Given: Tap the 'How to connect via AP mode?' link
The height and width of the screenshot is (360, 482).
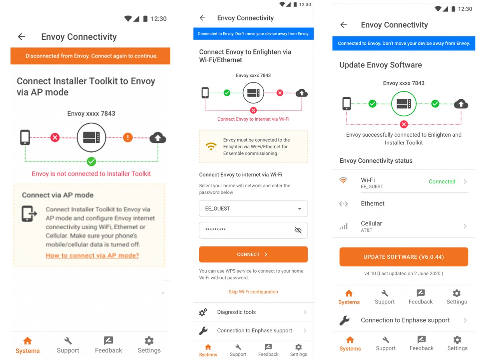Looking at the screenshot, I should point(92,256).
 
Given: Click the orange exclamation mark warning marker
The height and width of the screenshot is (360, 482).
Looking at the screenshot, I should point(128,137).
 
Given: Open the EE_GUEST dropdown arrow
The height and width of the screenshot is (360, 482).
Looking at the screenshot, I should point(300,209).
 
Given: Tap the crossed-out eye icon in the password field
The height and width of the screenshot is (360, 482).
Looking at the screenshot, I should point(298,230).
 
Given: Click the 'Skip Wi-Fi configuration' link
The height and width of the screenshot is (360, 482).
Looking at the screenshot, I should point(253,292).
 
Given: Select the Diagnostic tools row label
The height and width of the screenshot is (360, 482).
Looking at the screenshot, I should point(237,312).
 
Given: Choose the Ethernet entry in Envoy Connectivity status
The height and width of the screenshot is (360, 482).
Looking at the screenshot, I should point(373,204).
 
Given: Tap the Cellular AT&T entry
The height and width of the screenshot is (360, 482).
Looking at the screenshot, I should point(372,226).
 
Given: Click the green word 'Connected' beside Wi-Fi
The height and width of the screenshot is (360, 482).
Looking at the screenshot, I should point(442,181).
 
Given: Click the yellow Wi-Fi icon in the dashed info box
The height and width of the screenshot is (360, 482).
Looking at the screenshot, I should point(211,146).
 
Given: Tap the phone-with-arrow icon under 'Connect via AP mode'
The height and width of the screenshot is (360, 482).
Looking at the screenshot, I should point(29,214).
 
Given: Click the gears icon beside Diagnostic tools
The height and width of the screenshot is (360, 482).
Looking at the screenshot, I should point(203,312).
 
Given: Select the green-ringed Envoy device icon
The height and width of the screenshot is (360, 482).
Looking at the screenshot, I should point(403,104).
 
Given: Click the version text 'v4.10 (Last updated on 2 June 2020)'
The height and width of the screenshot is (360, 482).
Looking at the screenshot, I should point(403,274).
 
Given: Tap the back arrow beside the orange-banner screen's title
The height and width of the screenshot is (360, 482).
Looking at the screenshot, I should point(21,37).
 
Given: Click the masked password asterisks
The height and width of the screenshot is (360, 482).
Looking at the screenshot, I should point(216,230).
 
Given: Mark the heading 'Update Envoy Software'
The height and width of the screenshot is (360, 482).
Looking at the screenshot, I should point(380,65).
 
